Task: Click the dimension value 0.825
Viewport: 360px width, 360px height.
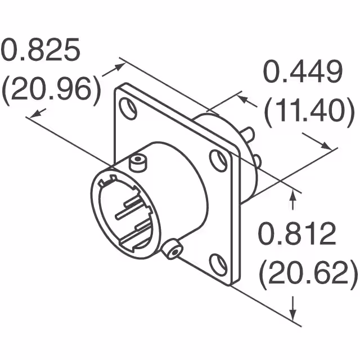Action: [x=41, y=51]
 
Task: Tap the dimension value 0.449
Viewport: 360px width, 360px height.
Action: [x=303, y=73]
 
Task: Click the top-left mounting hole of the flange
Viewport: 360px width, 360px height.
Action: [x=128, y=109]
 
